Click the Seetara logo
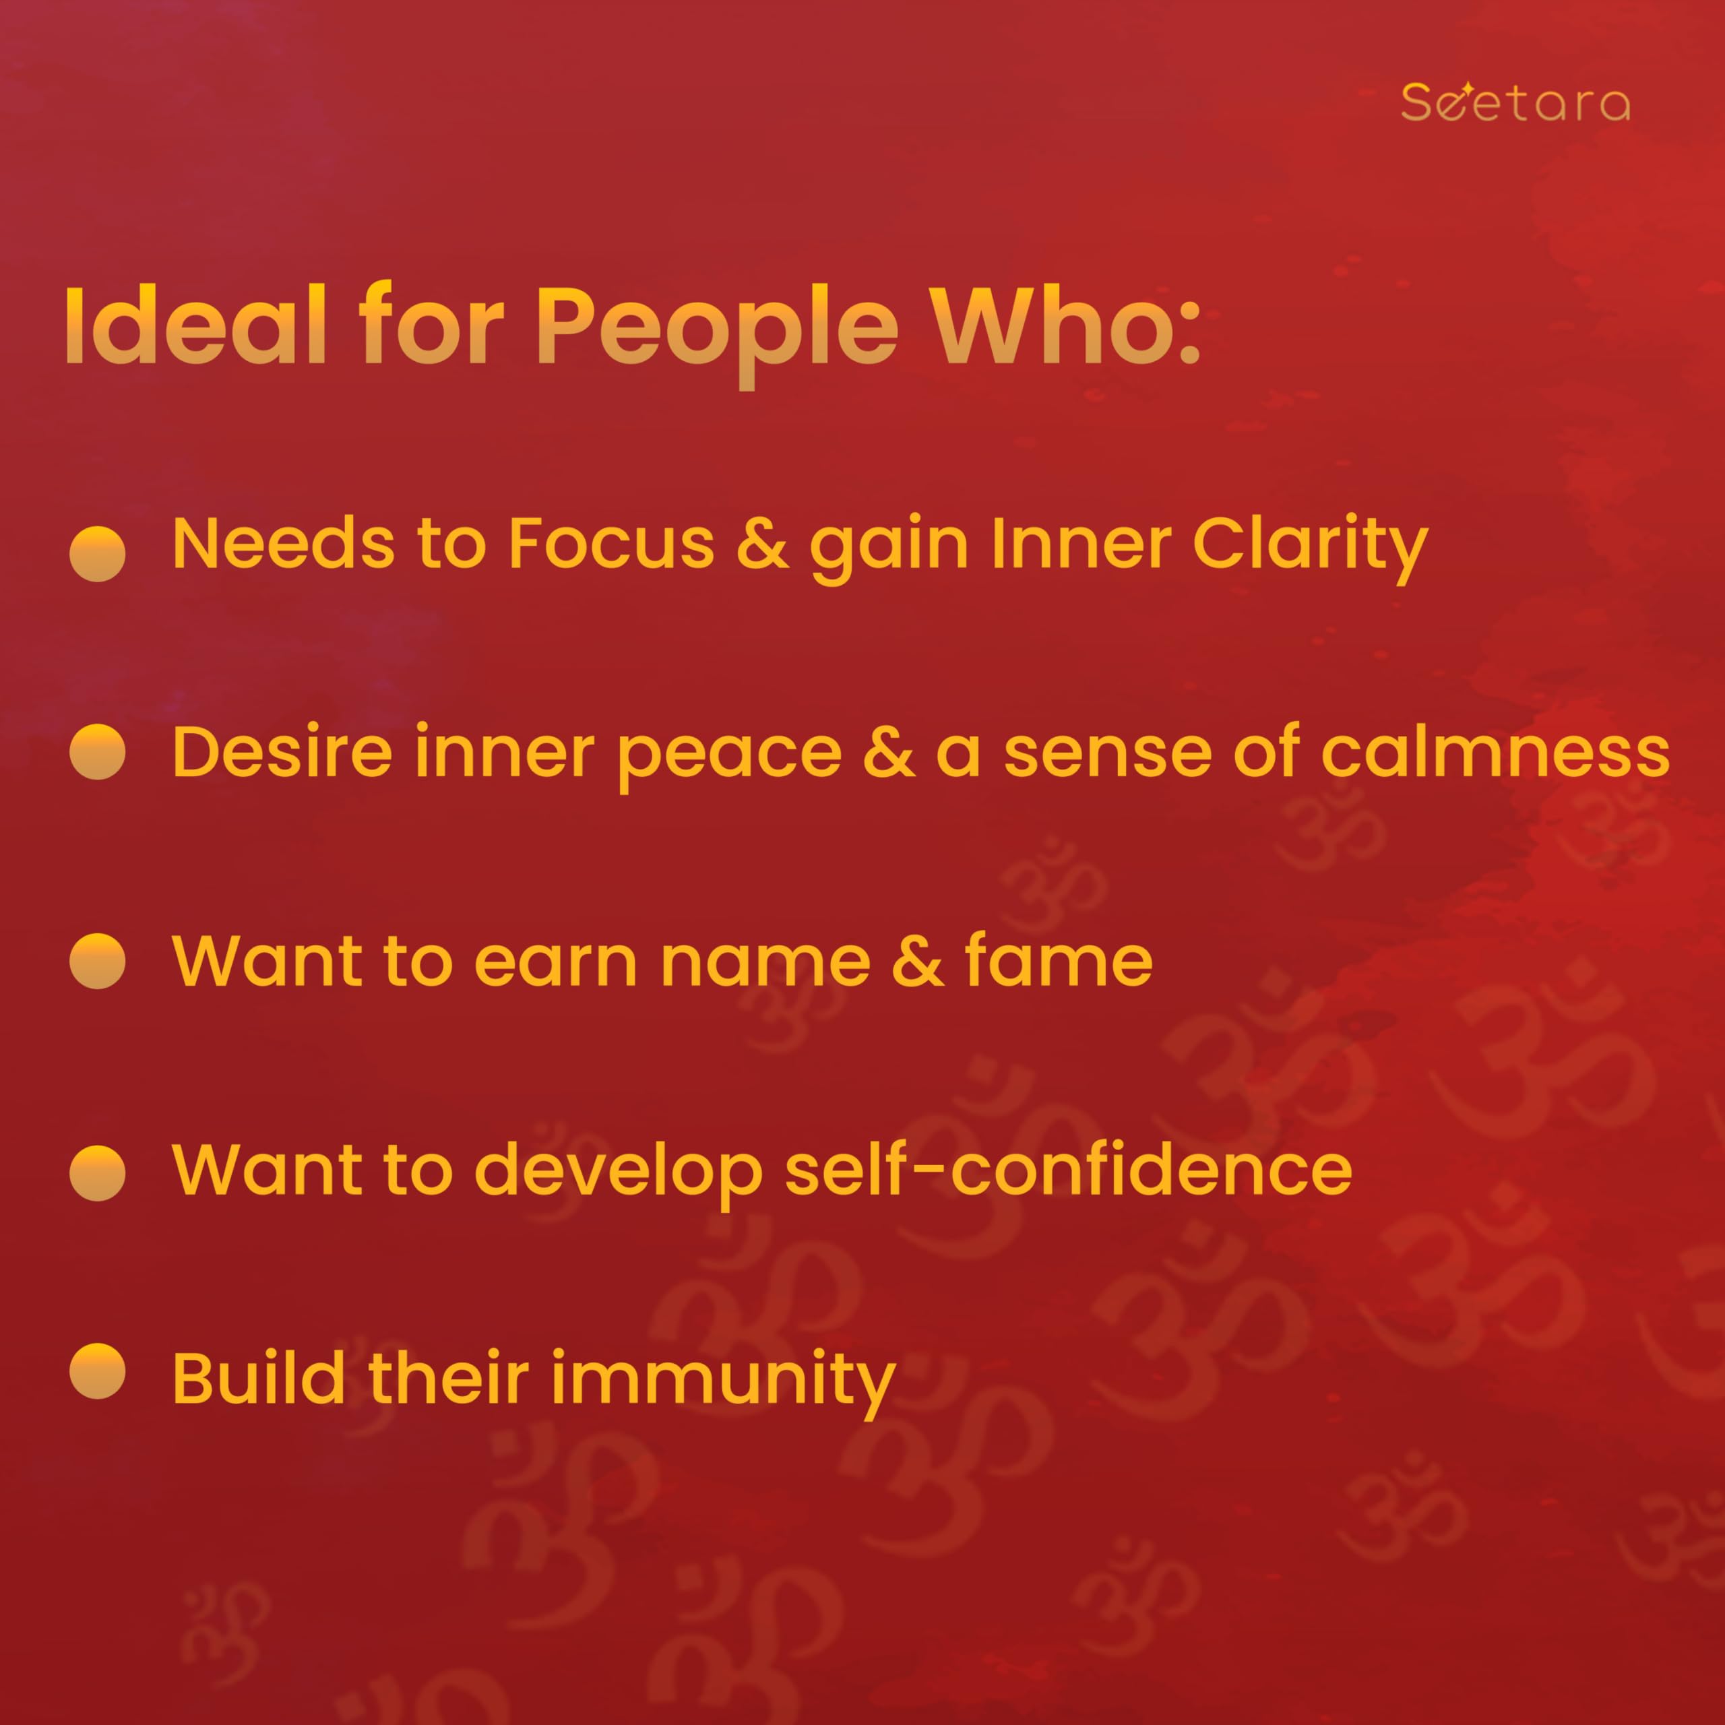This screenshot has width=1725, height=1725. click(x=1515, y=102)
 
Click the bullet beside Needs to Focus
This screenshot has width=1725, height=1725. click(x=97, y=554)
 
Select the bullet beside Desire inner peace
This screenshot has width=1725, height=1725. click(x=97, y=752)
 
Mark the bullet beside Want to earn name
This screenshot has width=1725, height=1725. click(x=97, y=962)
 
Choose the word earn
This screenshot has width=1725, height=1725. click(x=555, y=964)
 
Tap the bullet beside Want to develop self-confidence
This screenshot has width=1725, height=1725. click(x=97, y=1173)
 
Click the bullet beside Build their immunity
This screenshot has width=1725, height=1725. click(x=97, y=1371)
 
